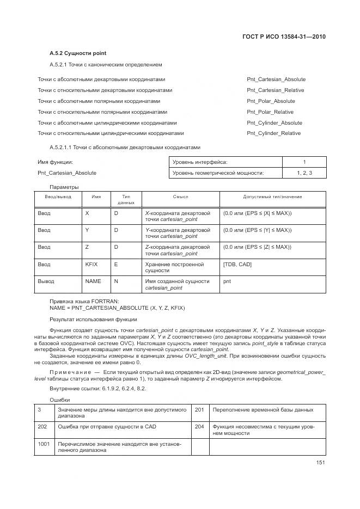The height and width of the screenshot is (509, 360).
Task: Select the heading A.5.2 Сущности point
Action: click(x=78, y=53)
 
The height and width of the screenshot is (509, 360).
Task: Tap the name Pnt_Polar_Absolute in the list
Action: click(x=271, y=101)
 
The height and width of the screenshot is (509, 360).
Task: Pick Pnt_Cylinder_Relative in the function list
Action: click(x=273, y=133)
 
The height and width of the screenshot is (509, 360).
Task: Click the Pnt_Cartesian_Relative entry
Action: click(x=275, y=90)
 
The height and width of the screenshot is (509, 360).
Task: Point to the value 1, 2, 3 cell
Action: click(x=304, y=173)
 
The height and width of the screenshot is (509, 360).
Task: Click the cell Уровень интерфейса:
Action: click(x=200, y=162)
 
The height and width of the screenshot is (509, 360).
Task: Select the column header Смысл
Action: click(x=180, y=197)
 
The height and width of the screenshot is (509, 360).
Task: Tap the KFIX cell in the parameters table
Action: click(x=91, y=264)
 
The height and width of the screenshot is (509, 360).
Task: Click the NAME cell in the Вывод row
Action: click(x=93, y=281)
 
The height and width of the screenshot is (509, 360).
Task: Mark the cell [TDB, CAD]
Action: click(x=237, y=264)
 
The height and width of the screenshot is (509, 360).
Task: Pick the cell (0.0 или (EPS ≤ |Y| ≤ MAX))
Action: click(x=257, y=230)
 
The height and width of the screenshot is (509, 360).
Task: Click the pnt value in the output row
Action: click(x=228, y=281)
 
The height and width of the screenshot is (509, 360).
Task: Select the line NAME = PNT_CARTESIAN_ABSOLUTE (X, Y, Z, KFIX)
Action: click(x=117, y=308)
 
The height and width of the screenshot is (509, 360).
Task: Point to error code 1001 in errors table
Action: click(x=44, y=444)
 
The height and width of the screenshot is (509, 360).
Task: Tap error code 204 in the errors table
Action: click(x=199, y=426)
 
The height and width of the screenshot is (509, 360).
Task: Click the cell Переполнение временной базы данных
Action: click(x=263, y=409)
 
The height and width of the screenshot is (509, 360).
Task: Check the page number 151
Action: click(x=320, y=463)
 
